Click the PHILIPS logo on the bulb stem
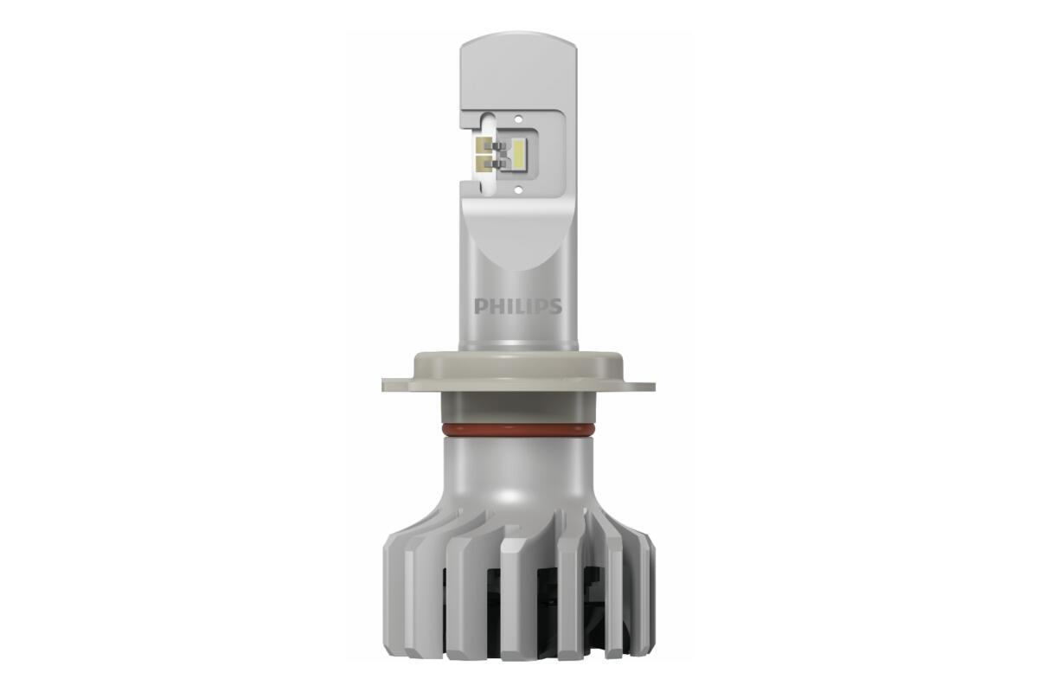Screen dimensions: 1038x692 click(518, 307)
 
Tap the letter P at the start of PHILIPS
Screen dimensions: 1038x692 click(479, 307)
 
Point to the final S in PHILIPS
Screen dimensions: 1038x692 click(556, 307)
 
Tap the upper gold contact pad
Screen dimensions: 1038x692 click(484, 145)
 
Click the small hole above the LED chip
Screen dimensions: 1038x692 click(519, 118)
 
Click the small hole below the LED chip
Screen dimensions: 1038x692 click(519, 189)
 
